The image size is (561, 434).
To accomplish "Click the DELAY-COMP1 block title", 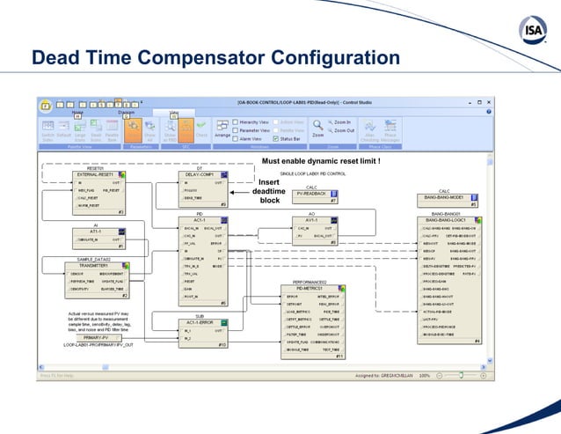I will (199, 175).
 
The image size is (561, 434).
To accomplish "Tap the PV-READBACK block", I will (310, 193).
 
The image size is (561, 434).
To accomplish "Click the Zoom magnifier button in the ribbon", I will (318, 128).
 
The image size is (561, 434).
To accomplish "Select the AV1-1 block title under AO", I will (310, 219).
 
